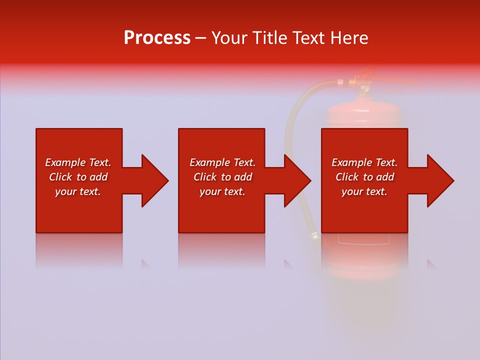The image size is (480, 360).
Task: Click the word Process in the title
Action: [157, 38]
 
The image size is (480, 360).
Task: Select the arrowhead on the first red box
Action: [153, 180]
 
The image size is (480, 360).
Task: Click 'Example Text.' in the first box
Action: [78, 162]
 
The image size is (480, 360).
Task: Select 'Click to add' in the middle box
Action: [222, 177]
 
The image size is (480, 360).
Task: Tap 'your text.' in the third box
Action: [364, 191]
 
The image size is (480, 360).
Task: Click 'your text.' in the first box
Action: [78, 191]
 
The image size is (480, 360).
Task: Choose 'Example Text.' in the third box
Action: [364, 162]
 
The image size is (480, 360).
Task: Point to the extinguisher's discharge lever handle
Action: [400, 82]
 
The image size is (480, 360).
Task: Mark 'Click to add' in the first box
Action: [78, 177]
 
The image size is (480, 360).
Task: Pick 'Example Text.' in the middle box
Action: [222, 162]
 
